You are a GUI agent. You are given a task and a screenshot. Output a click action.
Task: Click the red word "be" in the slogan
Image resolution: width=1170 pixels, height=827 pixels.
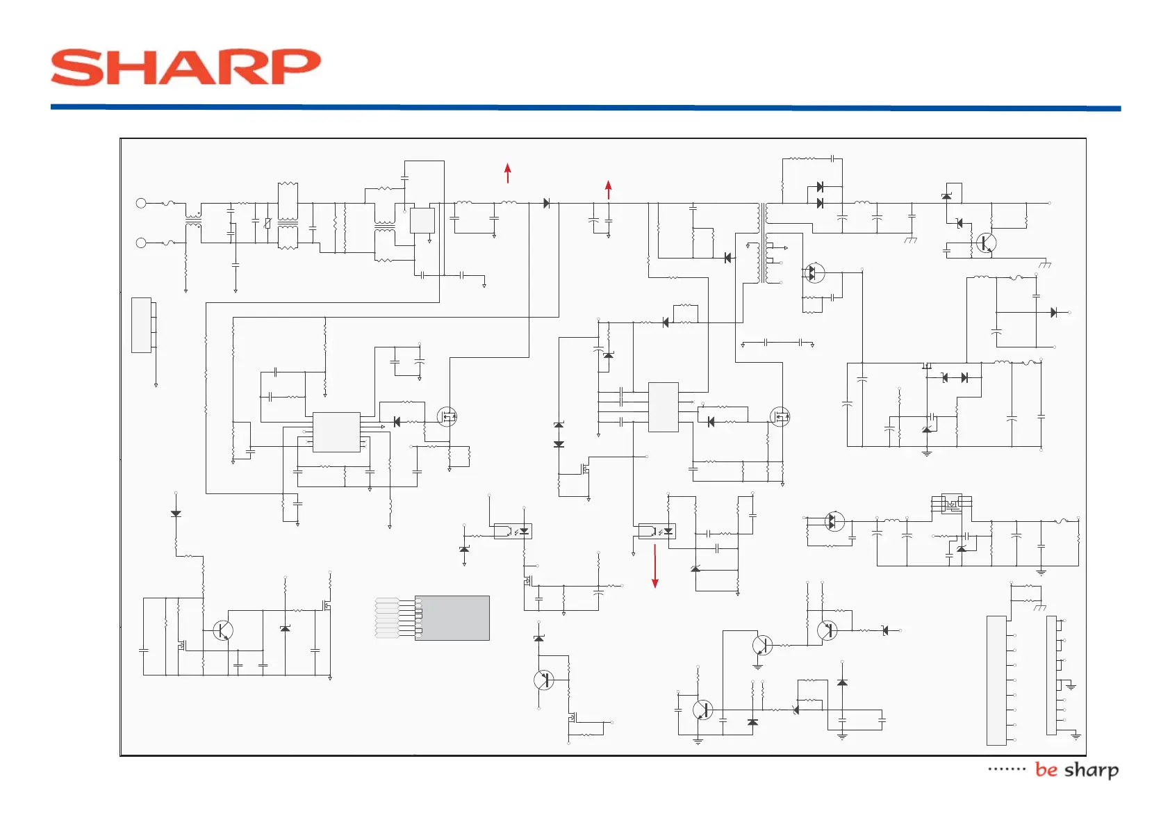(1046, 769)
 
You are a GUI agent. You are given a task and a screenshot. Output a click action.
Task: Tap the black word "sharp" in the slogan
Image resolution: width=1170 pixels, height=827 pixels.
(1091, 770)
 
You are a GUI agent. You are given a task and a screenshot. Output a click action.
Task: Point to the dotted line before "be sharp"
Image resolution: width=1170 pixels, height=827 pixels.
(1007, 769)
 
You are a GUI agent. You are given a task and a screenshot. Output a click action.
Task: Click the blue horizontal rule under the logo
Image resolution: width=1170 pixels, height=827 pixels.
(585, 108)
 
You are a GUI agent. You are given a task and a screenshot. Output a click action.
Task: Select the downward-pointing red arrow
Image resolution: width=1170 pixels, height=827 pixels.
(654, 566)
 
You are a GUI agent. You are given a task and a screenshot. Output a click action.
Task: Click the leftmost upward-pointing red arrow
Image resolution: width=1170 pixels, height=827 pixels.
(508, 173)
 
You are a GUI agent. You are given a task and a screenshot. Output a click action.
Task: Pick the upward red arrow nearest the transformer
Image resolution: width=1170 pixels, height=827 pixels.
(609, 190)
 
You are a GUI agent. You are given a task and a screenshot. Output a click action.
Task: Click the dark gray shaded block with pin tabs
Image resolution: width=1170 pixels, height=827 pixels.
(452, 618)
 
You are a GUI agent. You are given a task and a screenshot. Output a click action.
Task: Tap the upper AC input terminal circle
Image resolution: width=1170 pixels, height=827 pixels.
(141, 203)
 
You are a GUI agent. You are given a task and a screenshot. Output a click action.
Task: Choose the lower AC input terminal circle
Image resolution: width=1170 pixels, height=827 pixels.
(141, 243)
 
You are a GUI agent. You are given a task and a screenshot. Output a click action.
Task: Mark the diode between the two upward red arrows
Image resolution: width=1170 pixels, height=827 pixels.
(547, 203)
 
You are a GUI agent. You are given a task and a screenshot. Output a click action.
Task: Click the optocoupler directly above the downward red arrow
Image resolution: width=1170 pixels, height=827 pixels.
(657, 532)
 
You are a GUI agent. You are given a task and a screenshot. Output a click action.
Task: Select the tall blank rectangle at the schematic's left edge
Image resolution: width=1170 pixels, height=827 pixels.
(141, 325)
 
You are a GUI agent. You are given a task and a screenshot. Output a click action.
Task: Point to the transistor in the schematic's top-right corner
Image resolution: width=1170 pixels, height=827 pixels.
(986, 243)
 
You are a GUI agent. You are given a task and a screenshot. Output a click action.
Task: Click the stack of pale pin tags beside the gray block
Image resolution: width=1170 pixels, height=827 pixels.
(387, 618)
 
